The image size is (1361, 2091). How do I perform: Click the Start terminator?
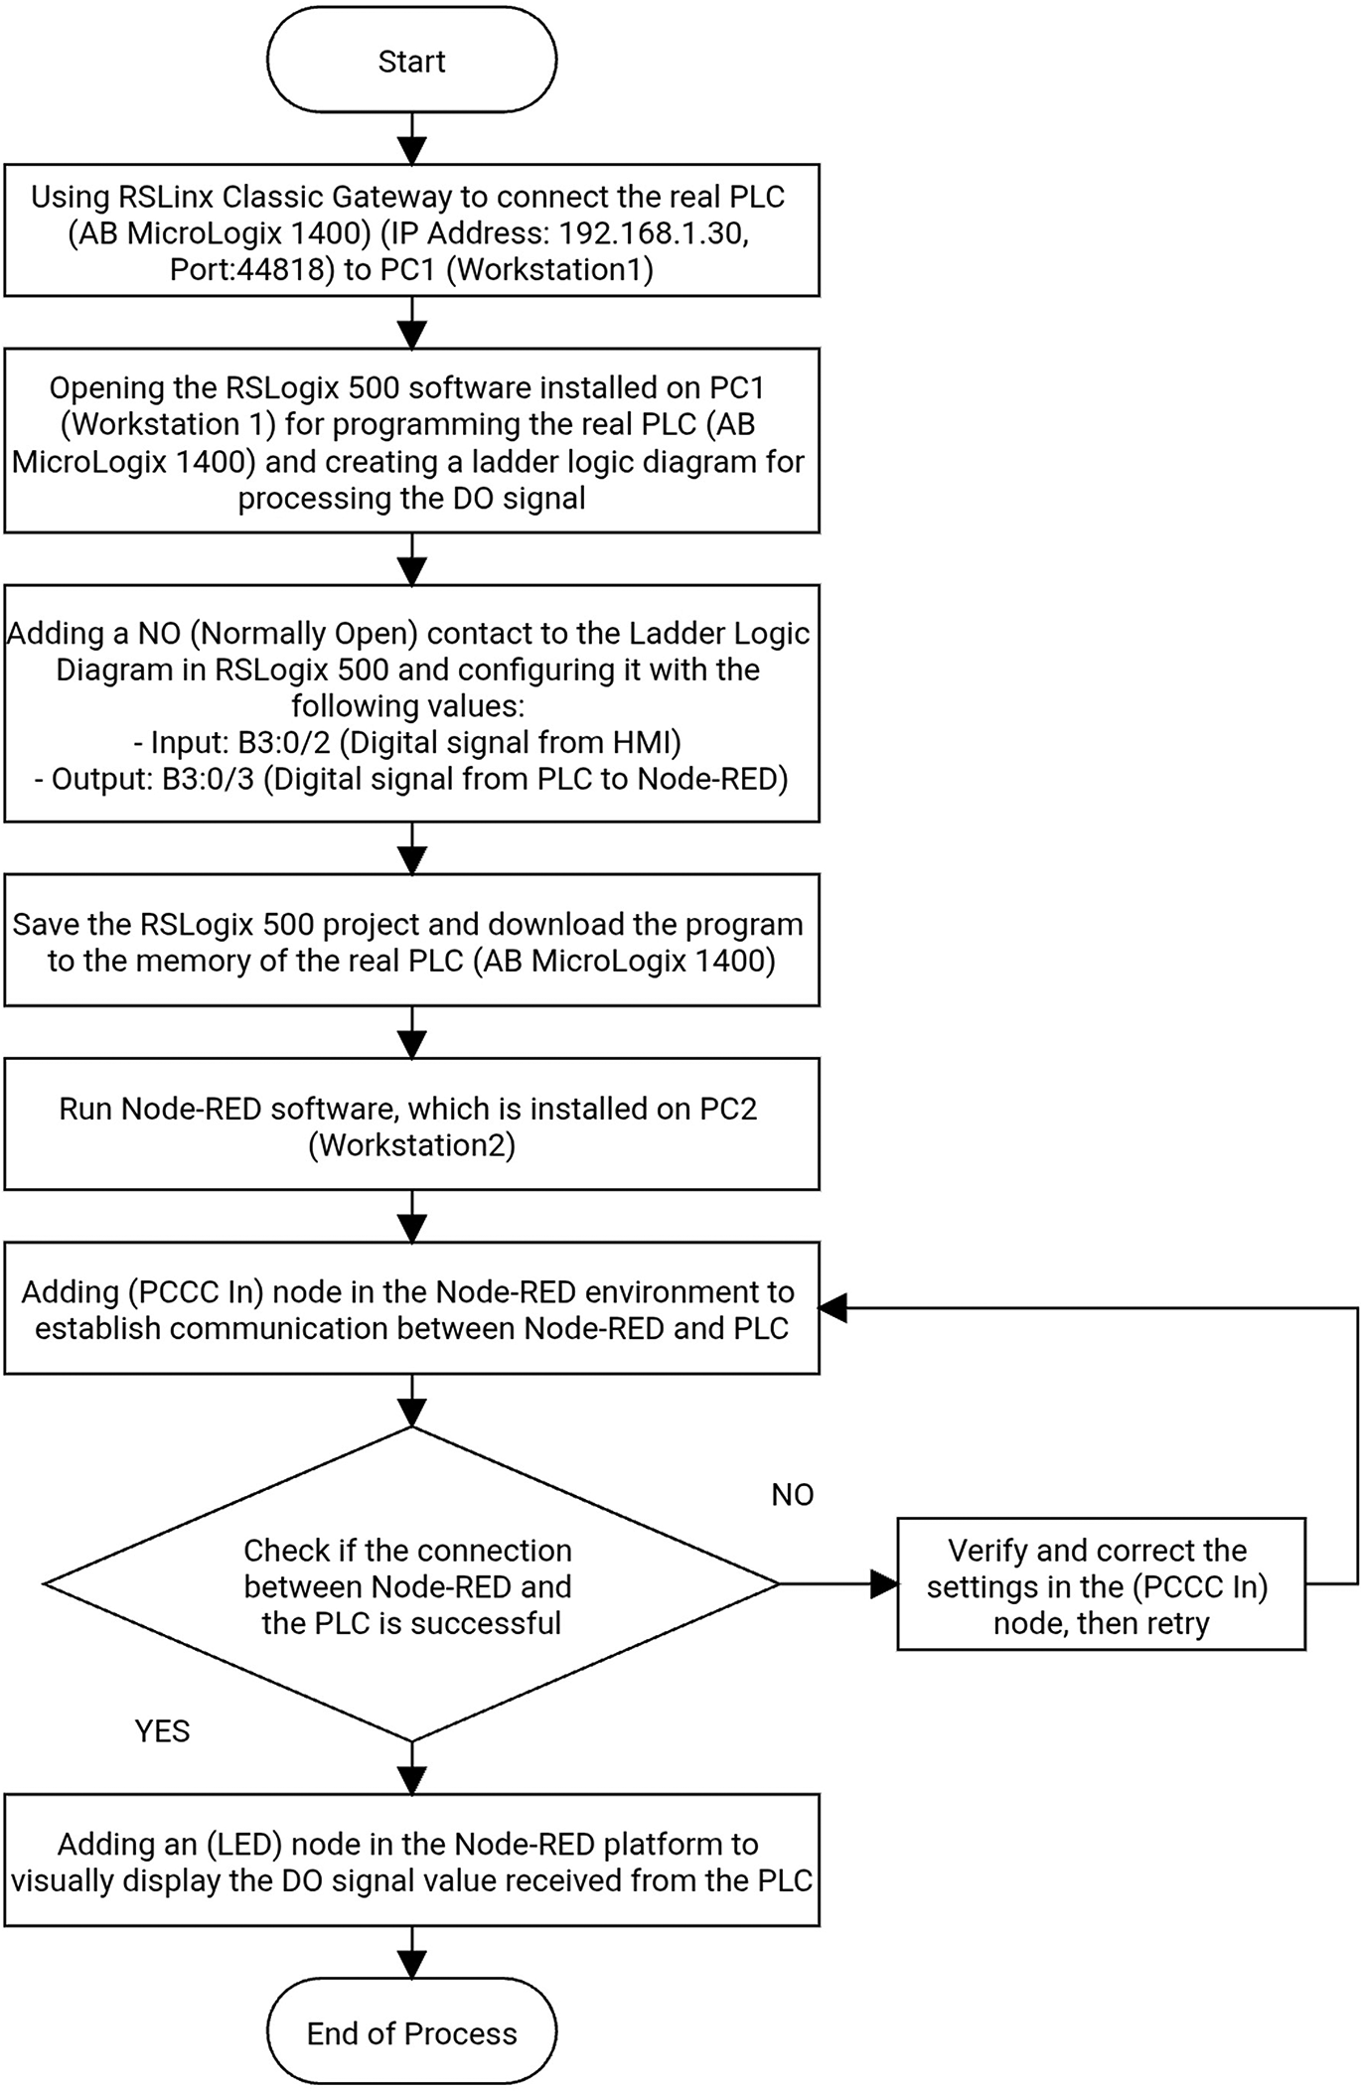point(411,62)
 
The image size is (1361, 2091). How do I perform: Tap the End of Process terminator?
point(411,2033)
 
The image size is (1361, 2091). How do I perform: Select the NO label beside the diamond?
point(792,1495)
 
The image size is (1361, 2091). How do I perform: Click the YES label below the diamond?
point(162,1731)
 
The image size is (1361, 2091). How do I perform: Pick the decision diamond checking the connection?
point(411,1584)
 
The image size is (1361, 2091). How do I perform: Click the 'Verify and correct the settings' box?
point(1101,1585)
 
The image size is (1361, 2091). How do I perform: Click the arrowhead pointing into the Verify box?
point(883,1584)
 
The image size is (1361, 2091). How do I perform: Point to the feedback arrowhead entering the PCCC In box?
point(833,1308)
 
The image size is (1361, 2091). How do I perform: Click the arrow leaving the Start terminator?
point(411,138)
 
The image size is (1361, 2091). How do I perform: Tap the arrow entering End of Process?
point(411,1952)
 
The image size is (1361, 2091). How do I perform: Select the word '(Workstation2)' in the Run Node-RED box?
point(411,1146)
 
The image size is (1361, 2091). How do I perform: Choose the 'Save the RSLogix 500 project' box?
point(411,940)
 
